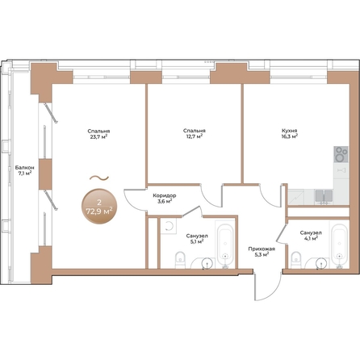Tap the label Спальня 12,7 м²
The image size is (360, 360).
coord(194,133)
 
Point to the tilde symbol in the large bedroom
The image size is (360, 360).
coord(97,177)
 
